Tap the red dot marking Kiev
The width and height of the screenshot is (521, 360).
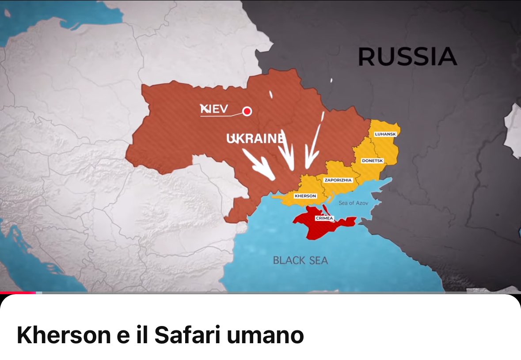247,111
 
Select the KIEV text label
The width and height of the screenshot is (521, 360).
214,109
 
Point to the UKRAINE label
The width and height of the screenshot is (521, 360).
255,139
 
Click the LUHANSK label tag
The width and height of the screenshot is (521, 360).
385,134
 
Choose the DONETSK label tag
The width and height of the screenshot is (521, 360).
372,161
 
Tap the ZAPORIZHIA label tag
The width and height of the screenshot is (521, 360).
338,180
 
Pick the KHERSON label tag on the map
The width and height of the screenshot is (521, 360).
305,196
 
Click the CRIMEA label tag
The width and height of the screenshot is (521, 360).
324,218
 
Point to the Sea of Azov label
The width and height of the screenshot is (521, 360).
353,203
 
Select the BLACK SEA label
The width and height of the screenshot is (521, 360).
300,260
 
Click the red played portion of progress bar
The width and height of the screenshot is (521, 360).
18,292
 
